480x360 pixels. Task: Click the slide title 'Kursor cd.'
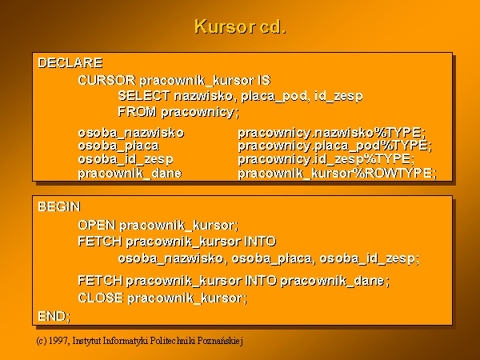click(240, 26)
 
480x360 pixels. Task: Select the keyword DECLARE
click(70, 63)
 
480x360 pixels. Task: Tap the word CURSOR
click(106, 80)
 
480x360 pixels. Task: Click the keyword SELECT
click(144, 96)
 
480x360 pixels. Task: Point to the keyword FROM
click(137, 112)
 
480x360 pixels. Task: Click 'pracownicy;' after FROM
click(200, 112)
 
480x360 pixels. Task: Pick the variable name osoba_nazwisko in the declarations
click(131, 133)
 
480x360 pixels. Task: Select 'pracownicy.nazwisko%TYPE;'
click(332, 133)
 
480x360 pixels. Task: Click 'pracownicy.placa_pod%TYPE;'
click(335, 146)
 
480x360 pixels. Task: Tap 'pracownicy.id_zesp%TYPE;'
click(326, 159)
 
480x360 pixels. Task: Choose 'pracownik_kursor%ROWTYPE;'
click(338, 174)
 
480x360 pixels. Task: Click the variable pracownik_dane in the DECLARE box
click(130, 174)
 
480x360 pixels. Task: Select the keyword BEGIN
click(59, 206)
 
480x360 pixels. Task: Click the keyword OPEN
click(97, 226)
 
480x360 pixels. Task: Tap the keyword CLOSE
click(101, 298)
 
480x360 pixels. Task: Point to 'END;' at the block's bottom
click(54, 316)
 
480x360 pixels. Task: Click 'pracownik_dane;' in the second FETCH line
click(335, 281)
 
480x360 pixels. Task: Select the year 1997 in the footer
click(58, 341)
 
